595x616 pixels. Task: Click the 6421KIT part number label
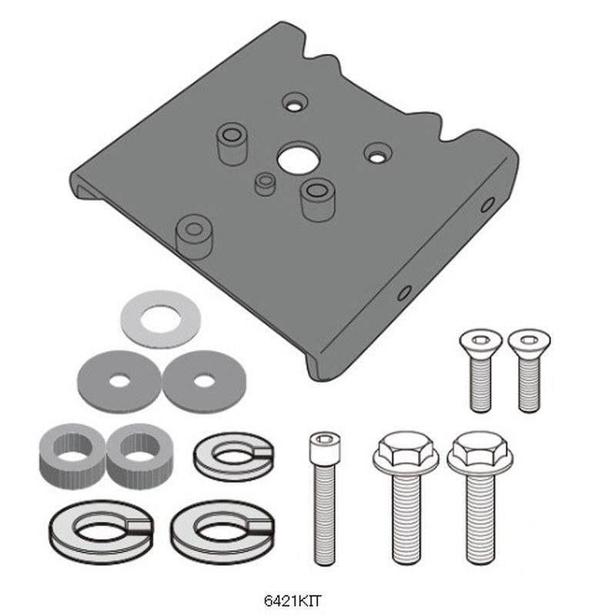[292, 601]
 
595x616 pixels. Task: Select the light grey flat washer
[161, 319]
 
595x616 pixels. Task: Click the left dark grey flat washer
[119, 380]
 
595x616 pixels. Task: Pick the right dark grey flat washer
[204, 381]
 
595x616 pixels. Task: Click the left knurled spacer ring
[72, 454]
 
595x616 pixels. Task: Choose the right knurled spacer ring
[140, 454]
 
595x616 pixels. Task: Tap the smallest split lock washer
[234, 457]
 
